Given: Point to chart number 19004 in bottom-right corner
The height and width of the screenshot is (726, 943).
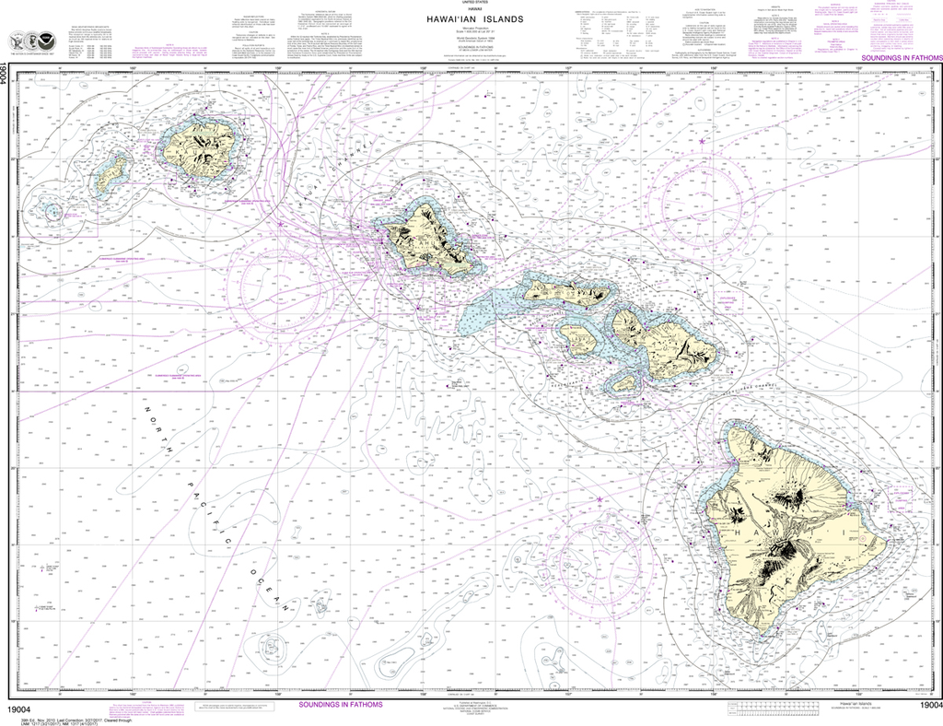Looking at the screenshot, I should click(924, 706).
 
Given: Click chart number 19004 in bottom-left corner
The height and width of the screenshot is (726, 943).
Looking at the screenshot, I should click(19, 706).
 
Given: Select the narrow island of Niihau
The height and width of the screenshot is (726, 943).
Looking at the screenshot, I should click(111, 172).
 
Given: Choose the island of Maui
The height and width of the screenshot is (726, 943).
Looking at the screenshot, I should click(668, 341).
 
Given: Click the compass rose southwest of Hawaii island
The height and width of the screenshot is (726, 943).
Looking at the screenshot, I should click(599, 553).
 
